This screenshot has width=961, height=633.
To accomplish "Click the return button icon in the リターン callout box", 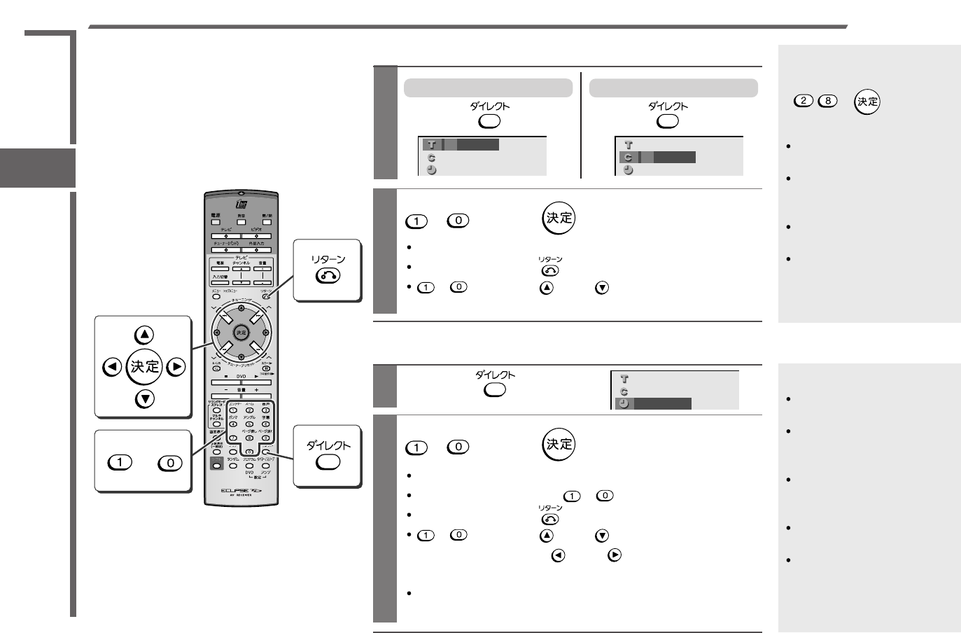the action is coord(328,277).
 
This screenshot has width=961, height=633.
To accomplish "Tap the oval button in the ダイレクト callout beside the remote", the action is coord(328,462).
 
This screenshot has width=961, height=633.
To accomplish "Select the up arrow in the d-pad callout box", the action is coord(144,335).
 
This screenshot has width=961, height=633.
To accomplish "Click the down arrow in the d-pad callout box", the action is coord(144,399).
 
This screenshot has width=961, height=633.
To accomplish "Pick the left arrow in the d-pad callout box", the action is coord(111,367).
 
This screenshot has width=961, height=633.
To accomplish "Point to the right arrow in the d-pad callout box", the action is coord(177,367).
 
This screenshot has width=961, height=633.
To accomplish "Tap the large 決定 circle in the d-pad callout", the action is coord(144,367).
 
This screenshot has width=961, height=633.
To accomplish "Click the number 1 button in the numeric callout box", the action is coord(120,463).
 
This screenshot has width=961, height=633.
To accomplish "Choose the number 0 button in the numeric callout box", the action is coord(170,463).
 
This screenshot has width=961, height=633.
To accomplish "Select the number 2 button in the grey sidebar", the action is coord(804,101).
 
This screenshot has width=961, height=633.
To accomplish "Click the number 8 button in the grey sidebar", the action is coord(828,101).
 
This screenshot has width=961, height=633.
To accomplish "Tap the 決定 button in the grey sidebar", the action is coord(867,102).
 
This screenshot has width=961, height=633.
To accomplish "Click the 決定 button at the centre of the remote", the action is coord(241,333).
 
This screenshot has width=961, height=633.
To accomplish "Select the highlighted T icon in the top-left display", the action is coord(431,145).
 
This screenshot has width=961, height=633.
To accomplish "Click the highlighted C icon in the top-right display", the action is coord(628,158).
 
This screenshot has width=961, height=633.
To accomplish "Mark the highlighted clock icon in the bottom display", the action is coord(624,404).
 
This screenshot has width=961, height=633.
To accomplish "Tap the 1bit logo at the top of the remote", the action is coord(241,204).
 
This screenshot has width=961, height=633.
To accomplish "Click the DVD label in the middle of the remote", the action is coord(241,376).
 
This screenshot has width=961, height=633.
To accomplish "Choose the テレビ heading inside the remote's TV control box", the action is coord(241,258).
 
